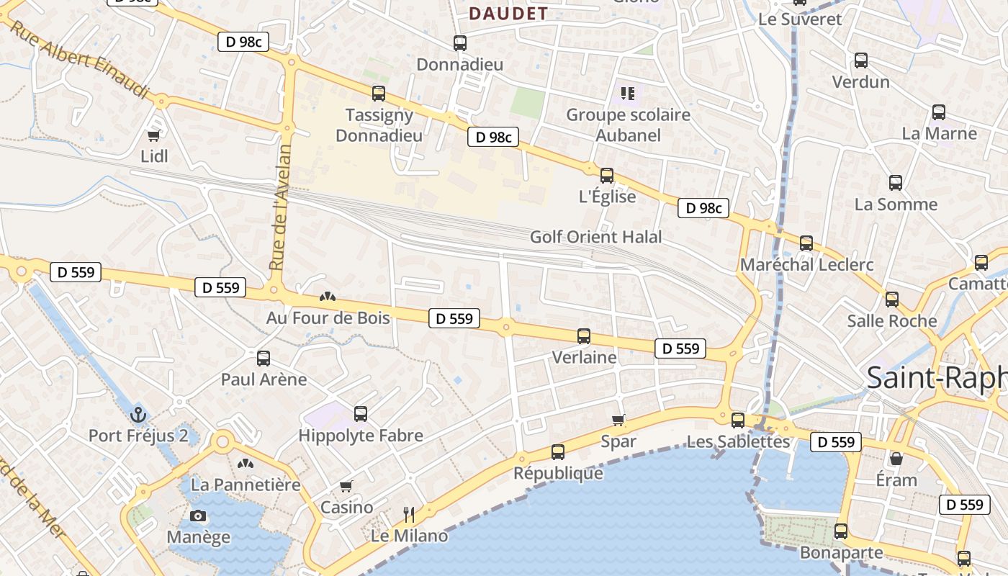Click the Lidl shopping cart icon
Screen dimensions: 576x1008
(153, 135)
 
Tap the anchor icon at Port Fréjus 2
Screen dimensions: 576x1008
(138, 414)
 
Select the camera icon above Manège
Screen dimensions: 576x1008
(198, 516)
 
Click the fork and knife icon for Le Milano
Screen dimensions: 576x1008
(409, 514)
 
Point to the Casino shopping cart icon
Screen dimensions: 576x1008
(346, 487)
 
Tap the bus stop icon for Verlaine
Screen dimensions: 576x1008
(584, 336)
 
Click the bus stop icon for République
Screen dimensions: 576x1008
(558, 452)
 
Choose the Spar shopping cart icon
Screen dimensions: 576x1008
(618, 420)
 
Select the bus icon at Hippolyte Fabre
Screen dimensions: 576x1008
(361, 414)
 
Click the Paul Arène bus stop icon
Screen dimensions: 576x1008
(264, 358)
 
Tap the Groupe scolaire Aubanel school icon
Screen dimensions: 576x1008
(628, 93)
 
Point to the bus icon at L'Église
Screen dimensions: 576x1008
(607, 175)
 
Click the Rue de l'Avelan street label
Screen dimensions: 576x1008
(281, 207)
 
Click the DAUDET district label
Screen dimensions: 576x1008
(508, 13)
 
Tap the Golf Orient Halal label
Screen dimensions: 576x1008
(595, 237)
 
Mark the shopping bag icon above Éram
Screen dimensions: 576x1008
(896, 459)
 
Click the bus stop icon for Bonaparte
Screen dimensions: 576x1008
(841, 531)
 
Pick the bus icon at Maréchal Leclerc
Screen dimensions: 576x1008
(806, 243)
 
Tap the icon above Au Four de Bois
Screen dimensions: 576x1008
(328, 297)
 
